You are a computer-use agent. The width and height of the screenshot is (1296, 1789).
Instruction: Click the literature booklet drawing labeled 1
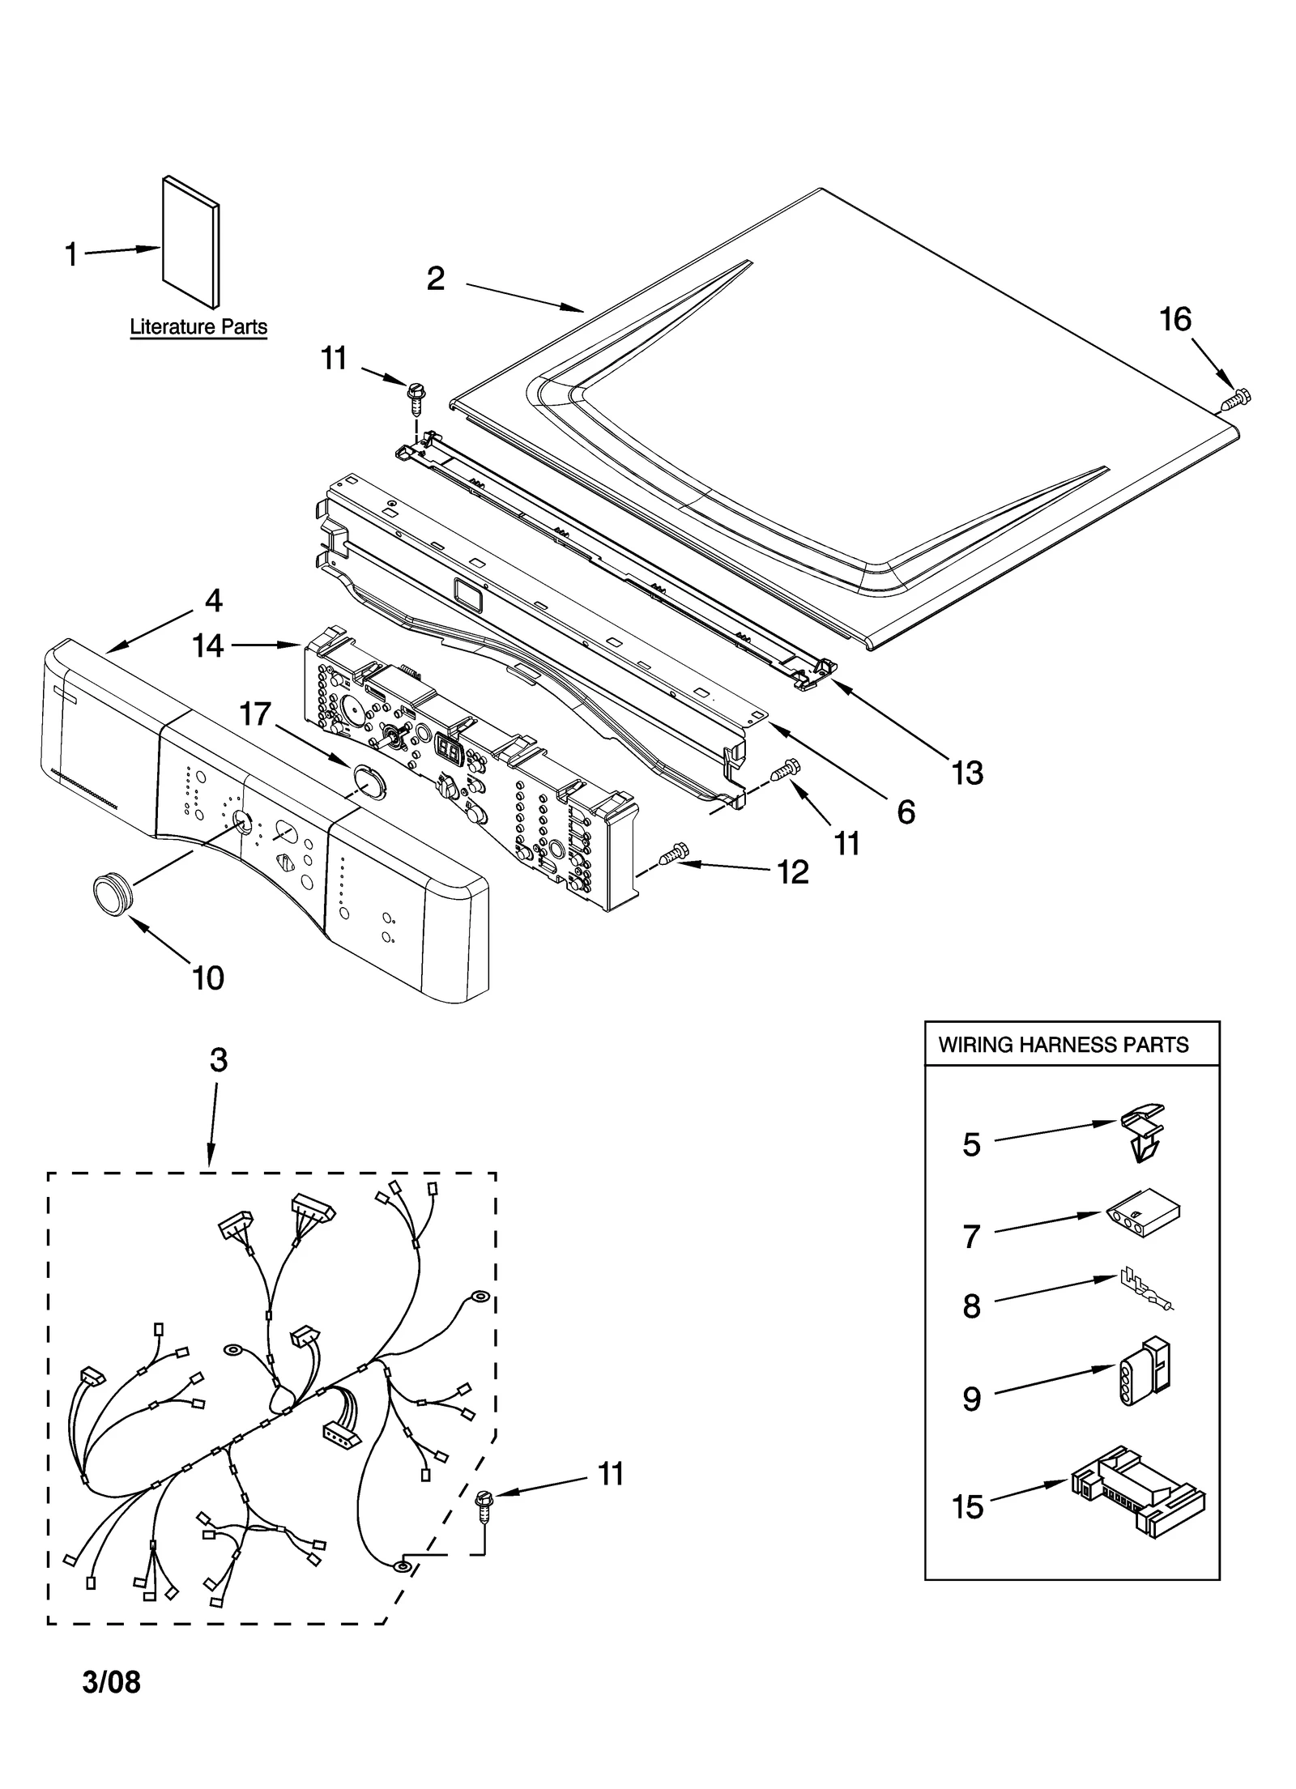click(x=191, y=242)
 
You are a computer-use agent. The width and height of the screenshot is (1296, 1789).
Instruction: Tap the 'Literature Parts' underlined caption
click(x=198, y=327)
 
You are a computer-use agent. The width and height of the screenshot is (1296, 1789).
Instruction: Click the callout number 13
click(x=967, y=773)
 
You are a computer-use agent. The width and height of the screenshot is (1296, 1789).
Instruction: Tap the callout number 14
click(x=207, y=645)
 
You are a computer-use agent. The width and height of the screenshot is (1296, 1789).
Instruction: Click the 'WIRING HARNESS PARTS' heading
click(x=1063, y=1044)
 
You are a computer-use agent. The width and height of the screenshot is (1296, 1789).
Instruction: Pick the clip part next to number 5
click(x=1142, y=1134)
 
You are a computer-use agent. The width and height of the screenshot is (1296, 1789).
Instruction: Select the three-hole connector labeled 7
click(x=1142, y=1224)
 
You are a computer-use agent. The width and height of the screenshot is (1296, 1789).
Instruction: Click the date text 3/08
click(x=111, y=1681)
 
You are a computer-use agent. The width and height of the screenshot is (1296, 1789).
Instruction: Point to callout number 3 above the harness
click(x=219, y=1059)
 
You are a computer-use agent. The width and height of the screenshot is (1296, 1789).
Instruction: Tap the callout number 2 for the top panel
click(x=436, y=279)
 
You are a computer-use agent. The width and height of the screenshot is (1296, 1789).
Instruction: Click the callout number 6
click(x=906, y=811)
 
